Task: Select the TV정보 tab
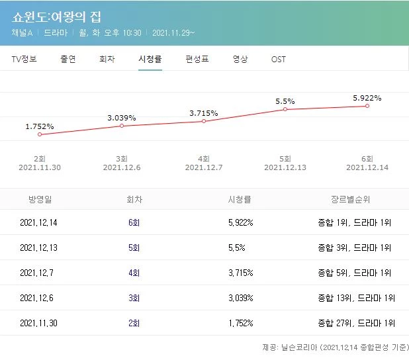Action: pyautogui.click(x=24, y=59)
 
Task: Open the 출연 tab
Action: pyautogui.click(x=68, y=59)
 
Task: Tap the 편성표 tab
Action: pyautogui.click(x=197, y=59)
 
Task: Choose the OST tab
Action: pyautogui.click(x=279, y=59)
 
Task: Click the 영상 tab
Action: pyautogui.click(x=240, y=59)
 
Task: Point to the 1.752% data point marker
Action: pyautogui.click(x=40, y=134)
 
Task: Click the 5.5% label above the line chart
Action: pyautogui.click(x=285, y=101)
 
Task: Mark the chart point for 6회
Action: pyautogui.click(x=367, y=106)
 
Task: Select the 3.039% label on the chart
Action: pyautogui.click(x=122, y=118)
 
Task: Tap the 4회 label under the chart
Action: pyautogui.click(x=204, y=159)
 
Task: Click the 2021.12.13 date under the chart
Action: pyautogui.click(x=285, y=168)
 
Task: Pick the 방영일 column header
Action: pyautogui.click(x=39, y=198)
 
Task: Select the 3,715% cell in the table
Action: pyautogui.click(x=240, y=273)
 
